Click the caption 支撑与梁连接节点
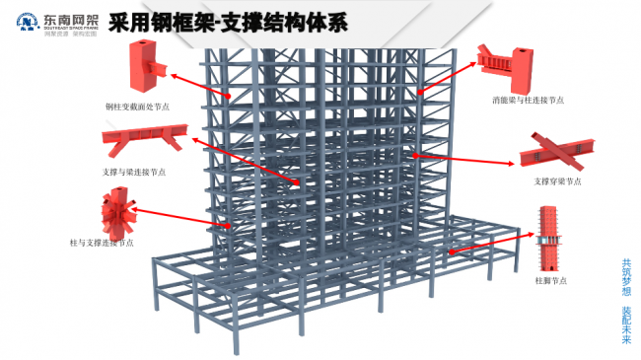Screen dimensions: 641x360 [134, 172]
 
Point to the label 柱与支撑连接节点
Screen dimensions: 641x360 [102, 242]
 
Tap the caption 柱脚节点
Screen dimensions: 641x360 [549, 281]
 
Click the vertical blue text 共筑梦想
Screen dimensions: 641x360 [626, 275]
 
